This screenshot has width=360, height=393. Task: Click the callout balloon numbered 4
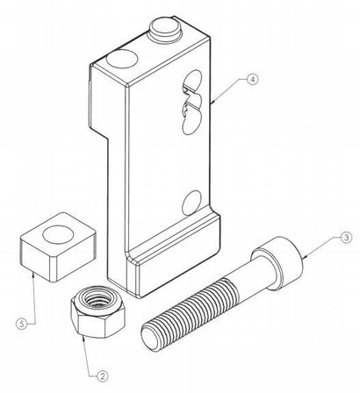tap(253, 79)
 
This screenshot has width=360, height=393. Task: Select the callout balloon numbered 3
tap(346, 238)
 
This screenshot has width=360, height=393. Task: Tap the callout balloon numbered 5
tap(21, 324)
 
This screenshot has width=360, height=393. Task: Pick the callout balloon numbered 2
tap(102, 376)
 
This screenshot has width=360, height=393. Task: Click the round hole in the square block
tap(58, 234)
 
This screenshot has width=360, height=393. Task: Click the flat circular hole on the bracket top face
tap(122, 59)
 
